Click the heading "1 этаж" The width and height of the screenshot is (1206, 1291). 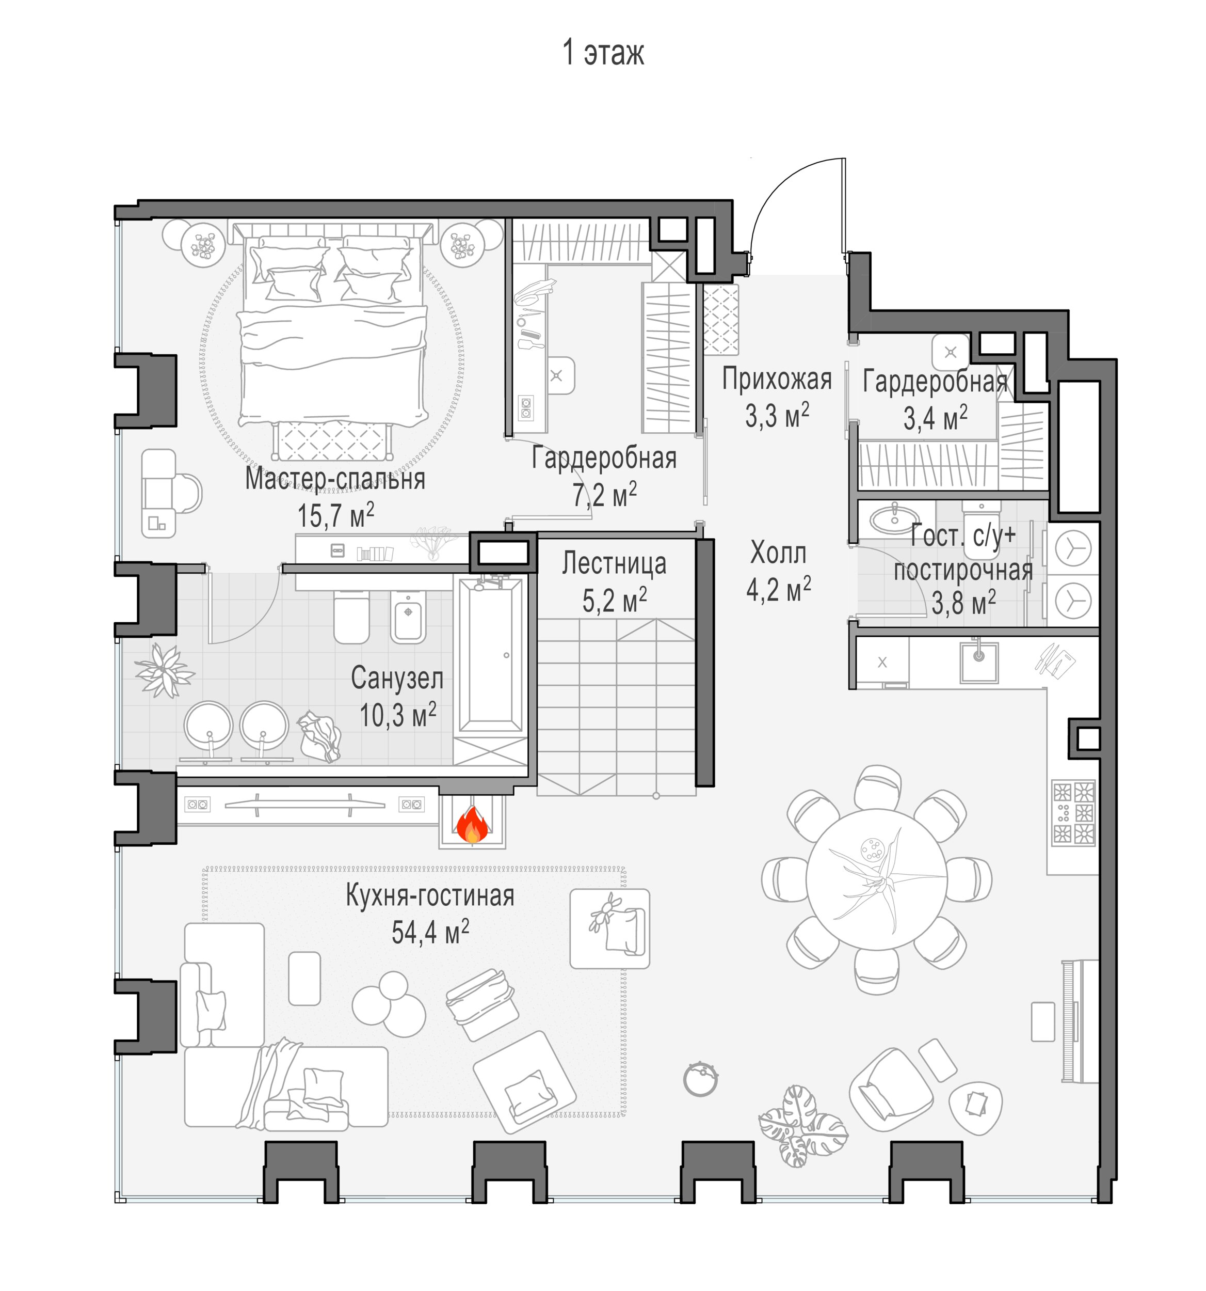point(603,53)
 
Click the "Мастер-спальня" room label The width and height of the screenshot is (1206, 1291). point(335,479)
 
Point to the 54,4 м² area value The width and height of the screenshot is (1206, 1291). point(430,932)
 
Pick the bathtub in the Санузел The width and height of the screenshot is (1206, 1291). point(490,656)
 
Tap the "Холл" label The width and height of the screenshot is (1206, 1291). point(778,553)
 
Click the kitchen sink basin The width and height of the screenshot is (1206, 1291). point(979,660)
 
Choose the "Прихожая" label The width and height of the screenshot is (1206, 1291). point(777,379)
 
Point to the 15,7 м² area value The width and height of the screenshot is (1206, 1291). point(335,515)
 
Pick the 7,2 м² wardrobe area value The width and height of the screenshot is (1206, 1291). point(604,495)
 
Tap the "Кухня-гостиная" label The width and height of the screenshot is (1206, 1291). point(430,895)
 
